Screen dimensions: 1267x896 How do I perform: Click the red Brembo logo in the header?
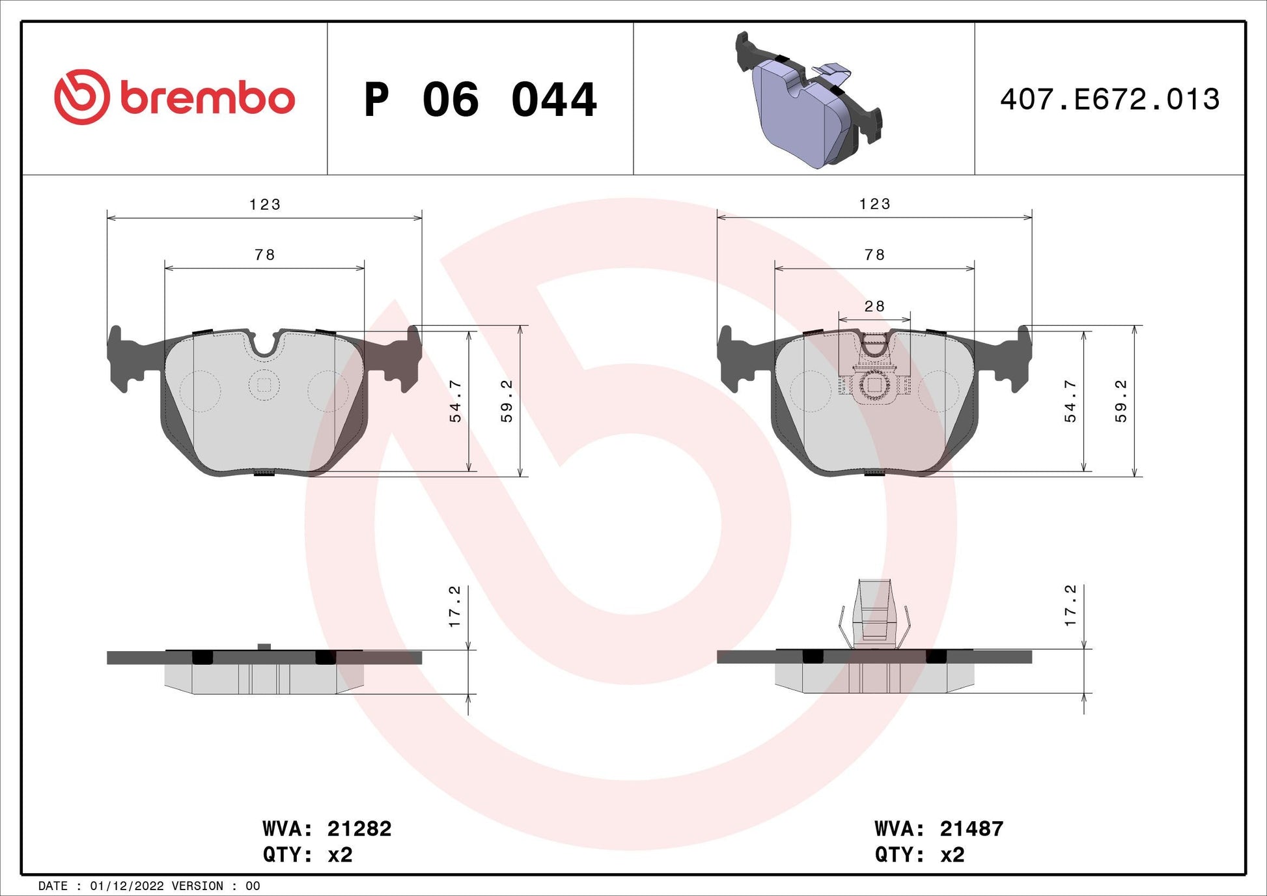(x=174, y=97)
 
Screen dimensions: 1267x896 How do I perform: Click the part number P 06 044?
(x=480, y=100)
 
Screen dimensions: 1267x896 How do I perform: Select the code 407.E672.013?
(x=1109, y=99)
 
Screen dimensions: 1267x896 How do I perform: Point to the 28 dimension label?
(x=874, y=306)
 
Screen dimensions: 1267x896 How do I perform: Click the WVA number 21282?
(x=359, y=828)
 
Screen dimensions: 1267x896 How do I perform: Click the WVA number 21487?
(x=971, y=828)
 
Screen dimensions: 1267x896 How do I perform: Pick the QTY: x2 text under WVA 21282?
(x=307, y=854)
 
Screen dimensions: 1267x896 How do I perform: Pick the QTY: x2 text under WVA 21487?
(x=919, y=854)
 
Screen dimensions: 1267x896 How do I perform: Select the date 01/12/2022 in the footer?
(x=127, y=886)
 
